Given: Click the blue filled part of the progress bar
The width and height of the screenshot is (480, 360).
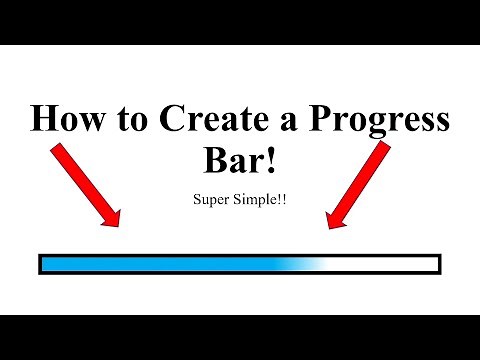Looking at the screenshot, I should [150, 264].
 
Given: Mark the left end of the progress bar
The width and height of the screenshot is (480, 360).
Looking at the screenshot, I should [40, 264].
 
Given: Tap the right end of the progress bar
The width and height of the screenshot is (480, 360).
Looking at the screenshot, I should [439, 264].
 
